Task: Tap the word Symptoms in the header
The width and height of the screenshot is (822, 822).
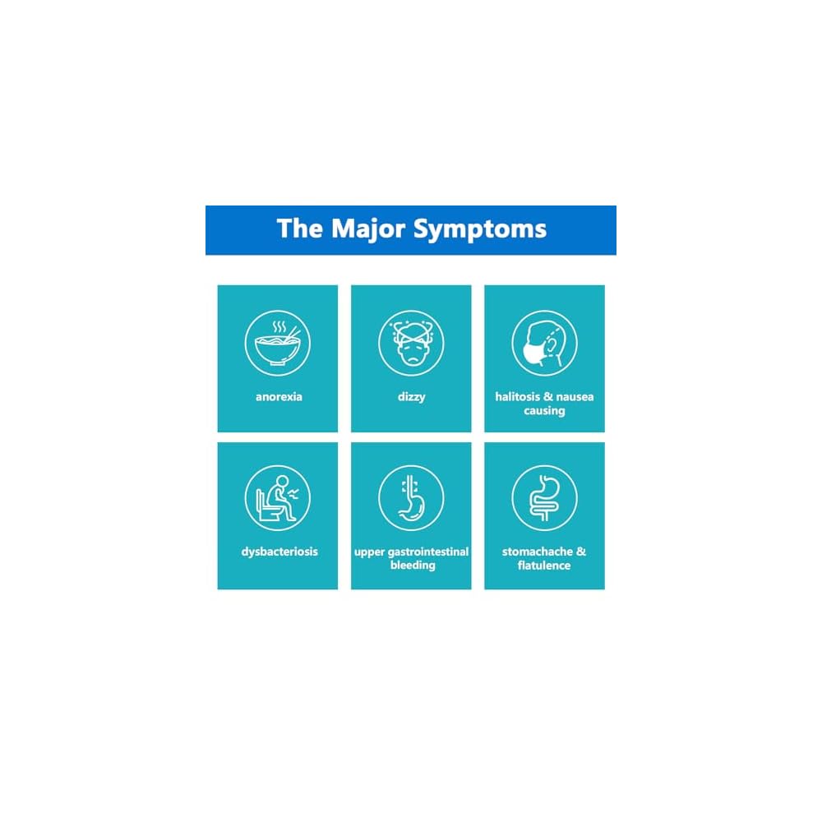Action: coord(479,230)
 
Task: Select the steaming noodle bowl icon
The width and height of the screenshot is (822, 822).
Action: coord(277,343)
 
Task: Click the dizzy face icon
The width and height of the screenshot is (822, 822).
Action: coord(411,343)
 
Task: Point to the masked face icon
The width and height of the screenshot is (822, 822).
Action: coord(543,343)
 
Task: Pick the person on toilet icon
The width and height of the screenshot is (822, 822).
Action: coord(277,499)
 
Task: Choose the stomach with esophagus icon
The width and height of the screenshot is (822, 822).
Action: coord(411,499)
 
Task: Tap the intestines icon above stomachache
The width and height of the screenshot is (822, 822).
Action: coord(544,499)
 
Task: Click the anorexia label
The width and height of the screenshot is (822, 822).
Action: coord(278,397)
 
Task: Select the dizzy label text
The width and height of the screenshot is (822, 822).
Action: coord(411,397)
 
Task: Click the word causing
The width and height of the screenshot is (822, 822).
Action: coord(544,411)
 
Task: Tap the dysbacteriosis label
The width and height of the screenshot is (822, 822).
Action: coord(278,552)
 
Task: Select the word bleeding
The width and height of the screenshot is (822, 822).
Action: coord(412,566)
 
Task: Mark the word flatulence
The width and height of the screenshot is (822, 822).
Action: coord(544,566)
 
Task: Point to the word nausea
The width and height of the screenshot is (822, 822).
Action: coord(574,397)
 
